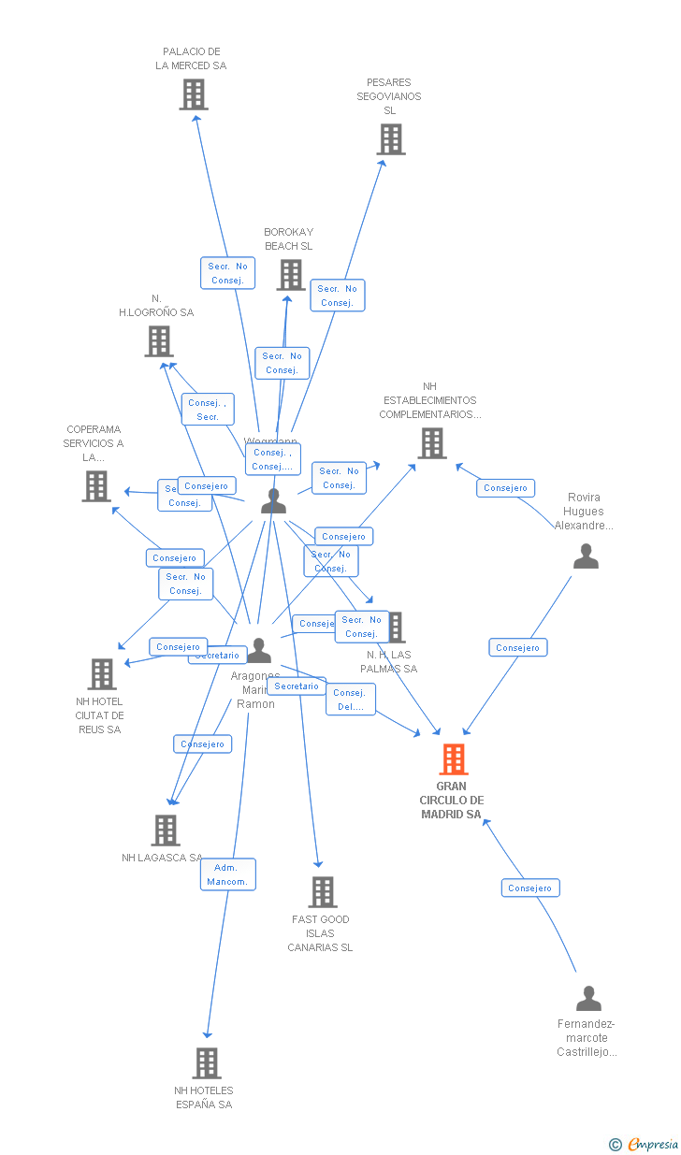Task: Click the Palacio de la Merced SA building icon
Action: pos(194,94)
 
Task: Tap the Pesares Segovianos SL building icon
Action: pos(390,139)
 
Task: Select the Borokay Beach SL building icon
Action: pos(291,275)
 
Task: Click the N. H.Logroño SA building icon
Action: pos(159,341)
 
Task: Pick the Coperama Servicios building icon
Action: pos(96,486)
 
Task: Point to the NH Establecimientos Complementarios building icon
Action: pos(431,443)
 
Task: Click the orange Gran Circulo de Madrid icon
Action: pos(453,759)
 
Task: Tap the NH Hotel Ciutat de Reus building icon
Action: pos(102,673)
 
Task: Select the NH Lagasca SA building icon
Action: pos(166,830)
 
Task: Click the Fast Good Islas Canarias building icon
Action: pos(323,892)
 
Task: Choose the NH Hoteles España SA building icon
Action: pos(207,1063)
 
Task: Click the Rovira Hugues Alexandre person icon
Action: pos(586,556)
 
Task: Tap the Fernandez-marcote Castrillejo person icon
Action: pos(588,999)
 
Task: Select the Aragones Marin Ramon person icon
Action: pos(259,650)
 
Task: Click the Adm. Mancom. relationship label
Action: pos(227,874)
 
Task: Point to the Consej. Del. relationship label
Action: pos(350,700)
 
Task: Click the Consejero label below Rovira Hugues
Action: pos(517,647)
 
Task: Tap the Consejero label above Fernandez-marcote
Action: pos(529,888)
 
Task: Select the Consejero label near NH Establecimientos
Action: pos(506,488)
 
